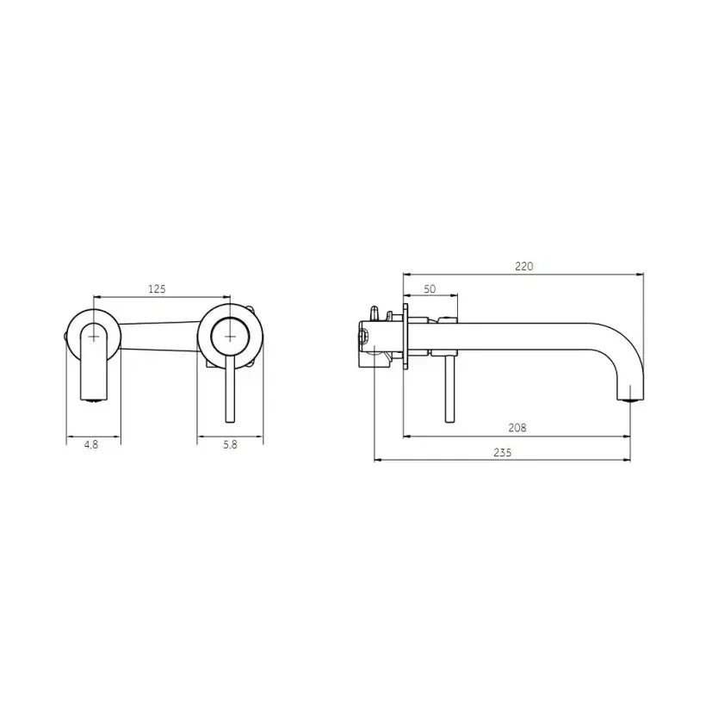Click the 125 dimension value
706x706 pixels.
point(156,289)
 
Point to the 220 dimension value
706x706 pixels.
point(523,266)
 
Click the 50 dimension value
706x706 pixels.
point(430,290)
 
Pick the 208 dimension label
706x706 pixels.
point(517,427)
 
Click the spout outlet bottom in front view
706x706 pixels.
point(93,399)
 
